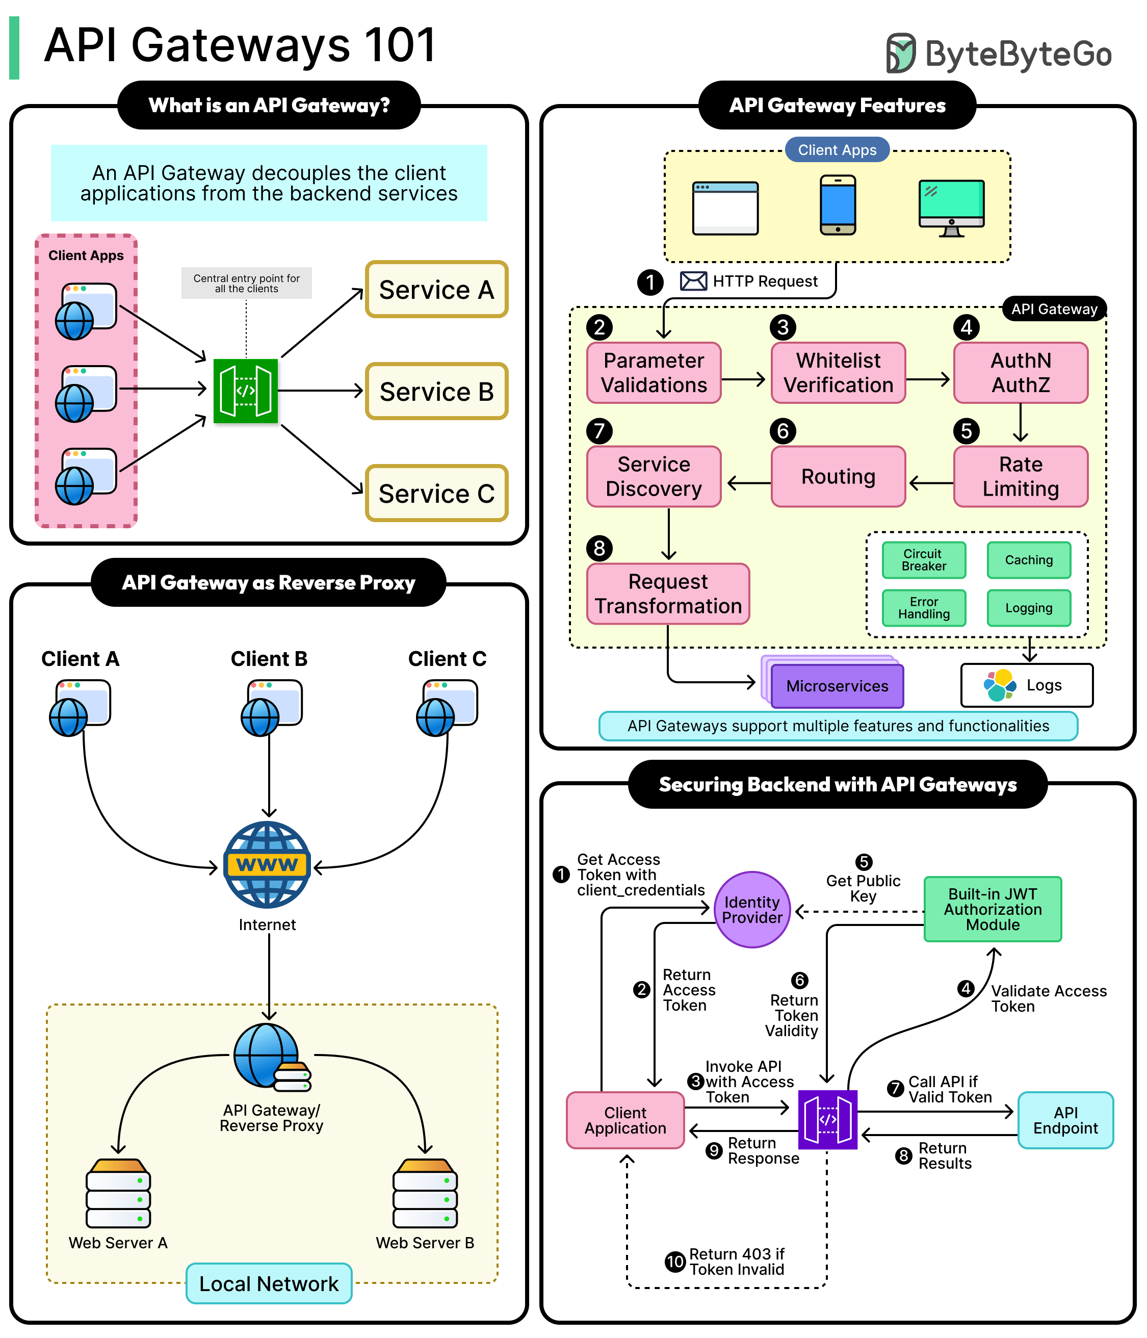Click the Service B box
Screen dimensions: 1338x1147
[436, 391]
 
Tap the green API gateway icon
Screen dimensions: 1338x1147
[245, 391]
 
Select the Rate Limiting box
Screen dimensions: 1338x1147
[1020, 477]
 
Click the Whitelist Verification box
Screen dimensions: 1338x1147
[838, 373]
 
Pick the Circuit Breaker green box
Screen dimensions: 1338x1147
[923, 560]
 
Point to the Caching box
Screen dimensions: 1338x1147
[1028, 560]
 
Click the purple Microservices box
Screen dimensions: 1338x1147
[837, 686]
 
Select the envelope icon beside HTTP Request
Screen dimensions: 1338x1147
[693, 281]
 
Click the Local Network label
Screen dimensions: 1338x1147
[269, 1284]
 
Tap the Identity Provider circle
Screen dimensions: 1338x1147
[752, 909]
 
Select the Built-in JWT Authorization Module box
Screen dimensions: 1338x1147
[992, 909]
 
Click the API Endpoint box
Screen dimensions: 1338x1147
[1065, 1120]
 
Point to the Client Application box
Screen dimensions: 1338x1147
[625, 1120]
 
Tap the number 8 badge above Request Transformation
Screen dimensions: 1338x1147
[599, 548]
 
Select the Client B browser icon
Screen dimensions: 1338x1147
[271, 707]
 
